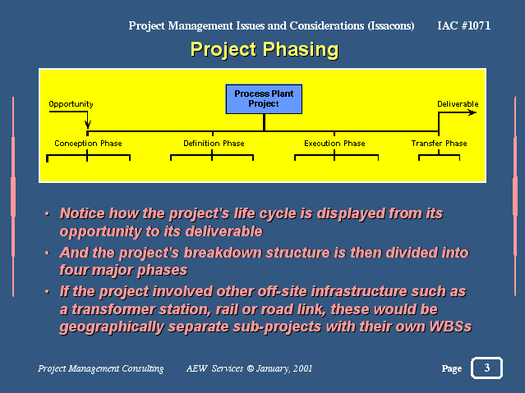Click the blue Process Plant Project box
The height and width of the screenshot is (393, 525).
pyautogui.click(x=264, y=99)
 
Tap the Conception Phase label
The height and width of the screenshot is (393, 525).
pyautogui.click(x=88, y=144)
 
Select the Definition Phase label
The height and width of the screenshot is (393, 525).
pyautogui.click(x=214, y=144)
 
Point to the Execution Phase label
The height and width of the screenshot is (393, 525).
pyautogui.click(x=334, y=144)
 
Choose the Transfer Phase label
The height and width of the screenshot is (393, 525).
pyautogui.click(x=439, y=144)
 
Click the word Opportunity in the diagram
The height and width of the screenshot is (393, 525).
pyautogui.click(x=71, y=104)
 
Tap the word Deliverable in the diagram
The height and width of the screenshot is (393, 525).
pyautogui.click(x=458, y=104)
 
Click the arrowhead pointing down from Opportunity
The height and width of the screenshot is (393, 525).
pyautogui.click(x=88, y=125)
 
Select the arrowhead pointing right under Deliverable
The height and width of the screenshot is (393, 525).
pyautogui.click(x=472, y=112)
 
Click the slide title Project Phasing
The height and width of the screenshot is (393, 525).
pyautogui.click(x=265, y=50)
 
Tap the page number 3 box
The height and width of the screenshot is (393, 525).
pyautogui.click(x=487, y=368)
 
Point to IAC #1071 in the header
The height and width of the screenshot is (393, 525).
pyautogui.click(x=463, y=25)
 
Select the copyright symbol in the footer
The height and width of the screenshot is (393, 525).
pyautogui.click(x=250, y=368)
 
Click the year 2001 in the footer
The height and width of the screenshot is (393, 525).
pyautogui.click(x=302, y=368)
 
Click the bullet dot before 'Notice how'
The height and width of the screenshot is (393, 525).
pyautogui.click(x=47, y=213)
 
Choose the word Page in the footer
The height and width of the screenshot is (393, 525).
pyautogui.click(x=452, y=368)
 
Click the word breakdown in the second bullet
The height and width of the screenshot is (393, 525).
pyautogui.click(x=223, y=253)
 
